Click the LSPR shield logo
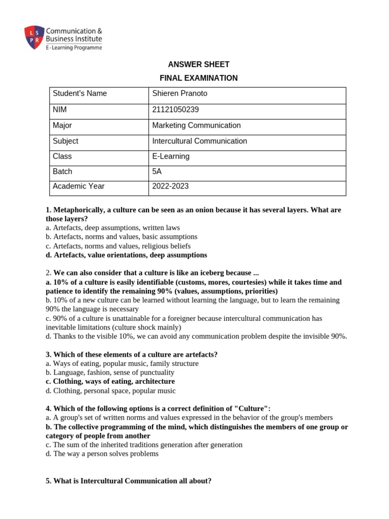coord(34,38)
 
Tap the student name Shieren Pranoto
coord(179,94)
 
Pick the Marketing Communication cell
coord(196,125)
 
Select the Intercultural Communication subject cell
coord(199,141)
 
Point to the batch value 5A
coord(157,171)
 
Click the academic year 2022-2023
coord(170,187)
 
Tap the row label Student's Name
coord(80,94)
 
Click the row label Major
coord(63,125)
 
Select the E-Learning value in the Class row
coord(171,156)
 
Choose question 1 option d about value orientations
coord(126,255)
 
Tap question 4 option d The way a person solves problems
coord(102,454)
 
